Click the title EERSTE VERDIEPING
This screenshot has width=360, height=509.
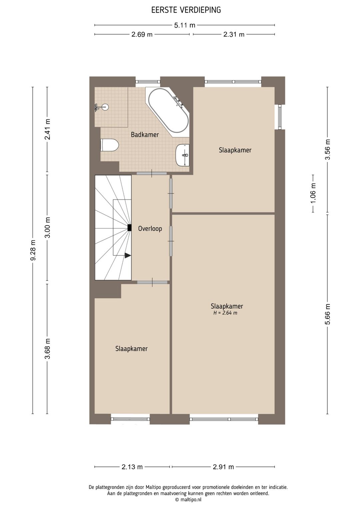pyautogui.click(x=186, y=10)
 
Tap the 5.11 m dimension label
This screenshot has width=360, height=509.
pyautogui.click(x=185, y=25)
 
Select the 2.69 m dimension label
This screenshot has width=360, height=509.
pyautogui.click(x=142, y=34)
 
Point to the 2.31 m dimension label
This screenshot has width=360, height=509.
pyautogui.click(x=234, y=34)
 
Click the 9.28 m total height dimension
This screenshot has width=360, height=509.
pyautogui.click(x=33, y=250)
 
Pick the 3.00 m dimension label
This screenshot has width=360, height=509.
pyautogui.click(x=48, y=227)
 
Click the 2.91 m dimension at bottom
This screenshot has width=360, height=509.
pyautogui.click(x=223, y=467)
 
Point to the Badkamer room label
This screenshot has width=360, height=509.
pyautogui.click(x=145, y=134)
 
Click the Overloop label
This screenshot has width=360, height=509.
pyautogui.click(x=150, y=228)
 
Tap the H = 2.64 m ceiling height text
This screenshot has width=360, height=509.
pyautogui.click(x=225, y=313)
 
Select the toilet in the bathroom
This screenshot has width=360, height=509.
pyautogui.click(x=109, y=145)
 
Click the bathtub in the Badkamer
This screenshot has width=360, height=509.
pyautogui.click(x=168, y=111)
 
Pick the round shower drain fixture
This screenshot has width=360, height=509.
pyautogui.click(x=105, y=107)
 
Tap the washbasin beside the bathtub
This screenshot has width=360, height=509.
pyautogui.click(x=182, y=155)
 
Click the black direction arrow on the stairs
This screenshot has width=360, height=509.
pyautogui.click(x=128, y=256)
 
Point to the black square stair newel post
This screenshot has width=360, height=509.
pyautogui.click(x=129, y=228)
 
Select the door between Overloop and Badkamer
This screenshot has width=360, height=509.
pyautogui.click(x=152, y=173)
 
